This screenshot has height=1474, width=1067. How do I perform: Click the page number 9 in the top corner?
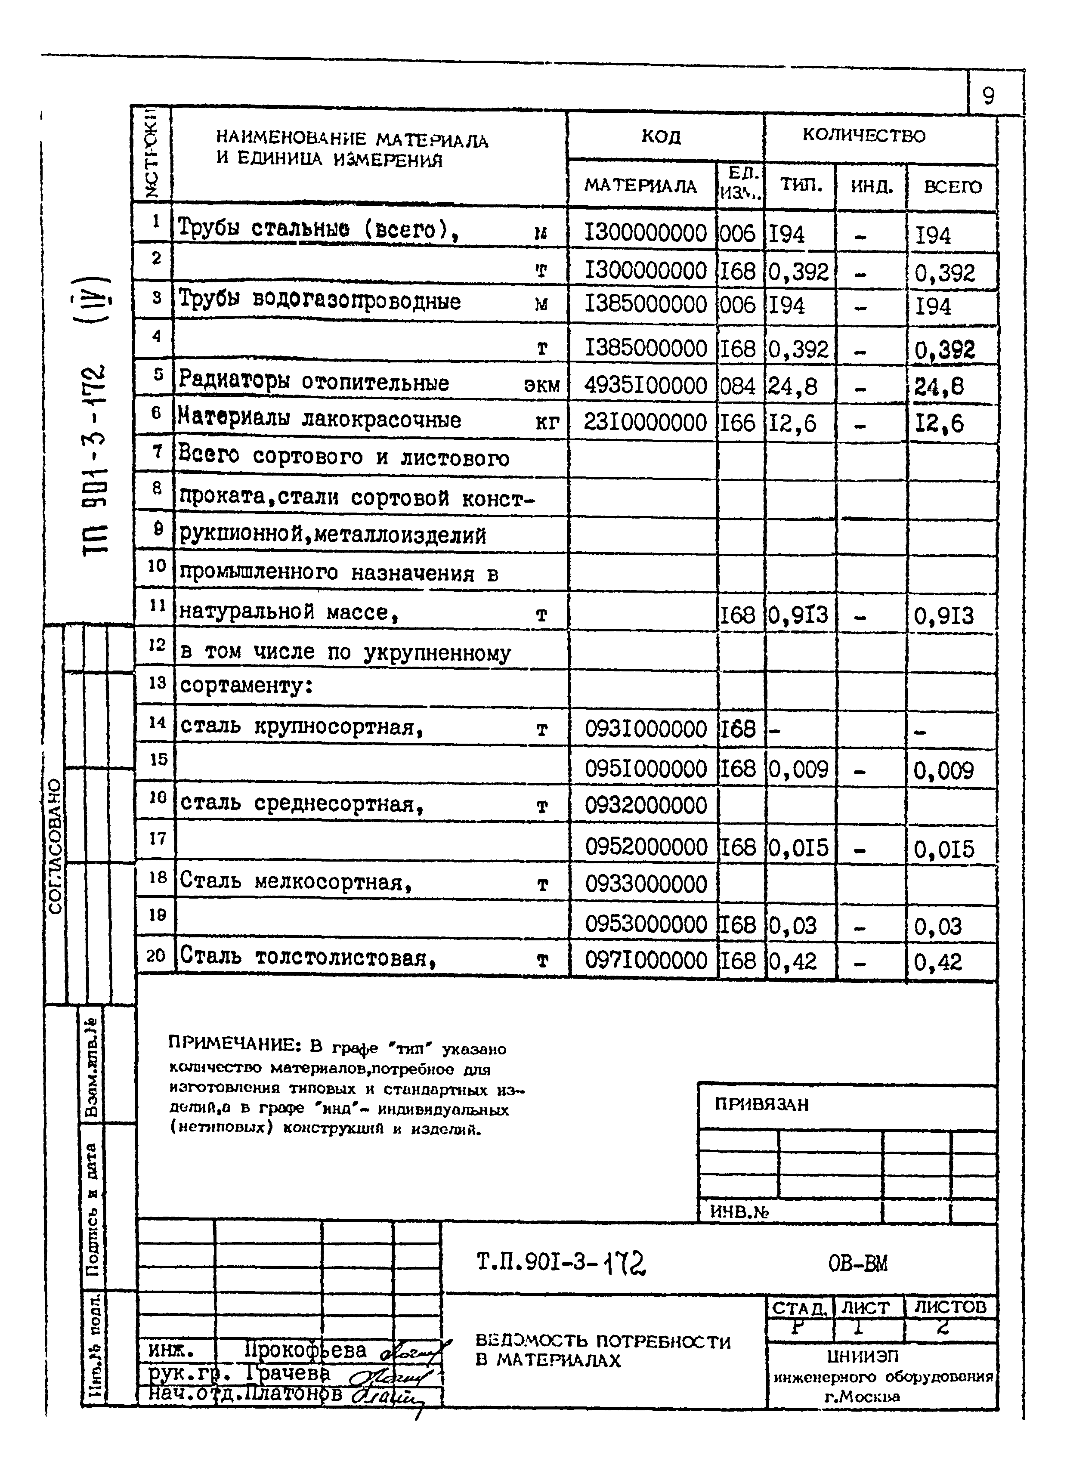(988, 96)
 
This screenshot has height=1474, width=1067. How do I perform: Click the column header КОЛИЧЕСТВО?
(863, 136)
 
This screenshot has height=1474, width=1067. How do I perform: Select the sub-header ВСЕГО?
(952, 187)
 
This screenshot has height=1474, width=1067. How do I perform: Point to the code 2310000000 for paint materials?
(645, 423)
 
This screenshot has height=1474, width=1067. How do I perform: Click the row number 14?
(157, 722)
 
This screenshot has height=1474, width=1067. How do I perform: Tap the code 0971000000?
(645, 961)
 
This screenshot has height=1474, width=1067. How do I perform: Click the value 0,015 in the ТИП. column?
(798, 847)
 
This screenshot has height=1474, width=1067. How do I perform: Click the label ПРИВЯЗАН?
(761, 1104)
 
